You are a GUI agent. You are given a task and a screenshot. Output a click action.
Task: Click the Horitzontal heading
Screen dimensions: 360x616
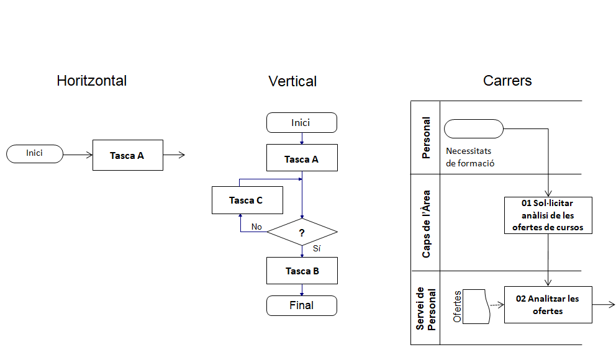(x=91, y=81)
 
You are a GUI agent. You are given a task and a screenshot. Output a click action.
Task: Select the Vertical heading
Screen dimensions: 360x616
(x=292, y=81)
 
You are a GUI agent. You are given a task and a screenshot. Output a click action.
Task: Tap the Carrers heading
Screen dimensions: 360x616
(x=507, y=81)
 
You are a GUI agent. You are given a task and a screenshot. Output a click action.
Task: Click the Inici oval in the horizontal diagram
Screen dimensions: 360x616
(x=35, y=153)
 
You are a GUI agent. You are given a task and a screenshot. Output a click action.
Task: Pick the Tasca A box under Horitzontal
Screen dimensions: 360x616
(x=127, y=155)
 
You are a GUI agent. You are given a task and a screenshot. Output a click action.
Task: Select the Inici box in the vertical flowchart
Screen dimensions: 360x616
(x=301, y=123)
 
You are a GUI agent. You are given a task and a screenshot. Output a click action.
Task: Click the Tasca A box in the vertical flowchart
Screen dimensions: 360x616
(x=301, y=159)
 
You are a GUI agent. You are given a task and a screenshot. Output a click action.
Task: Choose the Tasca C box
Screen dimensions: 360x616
(x=247, y=200)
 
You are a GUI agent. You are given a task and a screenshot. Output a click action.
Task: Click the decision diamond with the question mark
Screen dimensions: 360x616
(x=302, y=233)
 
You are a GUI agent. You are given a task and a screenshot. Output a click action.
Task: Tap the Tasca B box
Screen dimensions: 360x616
(x=302, y=271)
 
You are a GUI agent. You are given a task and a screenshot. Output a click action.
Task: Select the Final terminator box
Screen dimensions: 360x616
(x=301, y=305)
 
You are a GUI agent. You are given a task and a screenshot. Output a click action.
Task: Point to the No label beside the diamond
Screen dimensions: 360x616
(x=256, y=227)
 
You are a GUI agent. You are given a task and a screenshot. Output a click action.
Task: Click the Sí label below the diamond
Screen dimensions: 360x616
(x=317, y=248)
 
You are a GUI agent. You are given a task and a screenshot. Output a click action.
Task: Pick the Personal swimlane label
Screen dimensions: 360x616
(x=426, y=138)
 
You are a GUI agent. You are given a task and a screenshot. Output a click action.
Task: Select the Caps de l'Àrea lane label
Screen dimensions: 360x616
(x=426, y=223)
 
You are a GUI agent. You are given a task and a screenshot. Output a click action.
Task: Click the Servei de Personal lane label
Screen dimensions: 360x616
(x=426, y=308)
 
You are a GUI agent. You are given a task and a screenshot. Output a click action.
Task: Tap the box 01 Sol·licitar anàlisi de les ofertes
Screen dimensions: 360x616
(x=548, y=215)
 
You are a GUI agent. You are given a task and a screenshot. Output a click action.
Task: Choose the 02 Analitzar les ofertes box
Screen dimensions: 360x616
(x=548, y=305)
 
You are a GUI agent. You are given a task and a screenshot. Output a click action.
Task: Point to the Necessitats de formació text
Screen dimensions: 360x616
(x=470, y=157)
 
